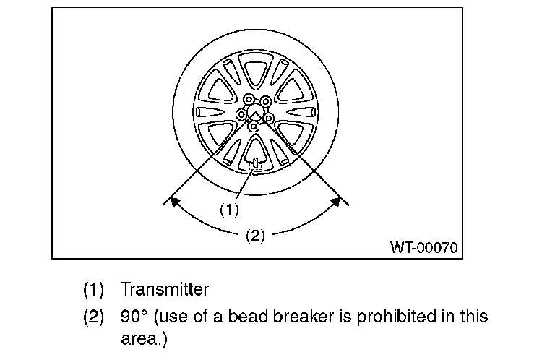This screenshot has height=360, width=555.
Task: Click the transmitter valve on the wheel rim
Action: coord(254,166)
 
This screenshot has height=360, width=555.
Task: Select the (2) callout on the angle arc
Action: coord(255,235)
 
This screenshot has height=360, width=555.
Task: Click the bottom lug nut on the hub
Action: coord(254,127)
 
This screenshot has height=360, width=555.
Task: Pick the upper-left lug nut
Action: coord(248,100)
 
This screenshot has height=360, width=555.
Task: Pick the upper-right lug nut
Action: coord(265,100)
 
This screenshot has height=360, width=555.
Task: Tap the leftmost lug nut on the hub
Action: coord(241,113)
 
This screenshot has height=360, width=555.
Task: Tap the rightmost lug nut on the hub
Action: coord(268,116)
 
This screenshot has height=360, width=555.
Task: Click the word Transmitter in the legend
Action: coord(165,290)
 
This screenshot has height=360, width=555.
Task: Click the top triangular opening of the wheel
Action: coord(254,73)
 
